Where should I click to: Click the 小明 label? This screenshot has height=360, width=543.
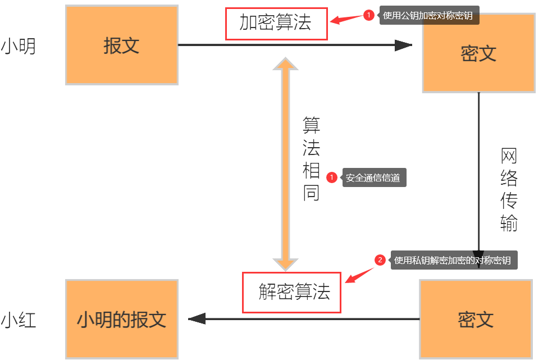(x=19, y=47)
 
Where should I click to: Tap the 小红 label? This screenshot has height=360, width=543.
(x=19, y=321)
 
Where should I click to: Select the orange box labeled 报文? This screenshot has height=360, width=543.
(x=121, y=45)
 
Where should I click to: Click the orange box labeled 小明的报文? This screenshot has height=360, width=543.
(x=121, y=319)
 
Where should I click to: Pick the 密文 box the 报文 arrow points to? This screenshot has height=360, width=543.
(x=478, y=53)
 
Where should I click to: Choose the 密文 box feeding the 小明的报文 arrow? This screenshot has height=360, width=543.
(x=476, y=319)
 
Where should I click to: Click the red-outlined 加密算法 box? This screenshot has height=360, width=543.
(x=276, y=24)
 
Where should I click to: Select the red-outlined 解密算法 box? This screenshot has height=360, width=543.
(x=292, y=292)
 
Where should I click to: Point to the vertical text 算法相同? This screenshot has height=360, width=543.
(x=311, y=158)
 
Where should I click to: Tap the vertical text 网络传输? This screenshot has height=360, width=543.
(x=509, y=190)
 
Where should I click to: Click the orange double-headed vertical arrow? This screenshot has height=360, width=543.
(x=285, y=163)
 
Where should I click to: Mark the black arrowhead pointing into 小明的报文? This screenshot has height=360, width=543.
(x=197, y=319)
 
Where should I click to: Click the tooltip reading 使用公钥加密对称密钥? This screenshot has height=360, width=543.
(x=430, y=16)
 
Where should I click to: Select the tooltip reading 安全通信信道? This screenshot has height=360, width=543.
(x=373, y=178)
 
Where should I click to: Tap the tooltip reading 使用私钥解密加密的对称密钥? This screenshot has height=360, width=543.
(x=453, y=260)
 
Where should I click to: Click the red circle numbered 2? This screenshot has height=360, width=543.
(x=380, y=260)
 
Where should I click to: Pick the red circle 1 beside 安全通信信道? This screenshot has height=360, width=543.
(x=331, y=177)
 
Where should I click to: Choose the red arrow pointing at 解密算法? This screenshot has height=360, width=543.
(x=360, y=275)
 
